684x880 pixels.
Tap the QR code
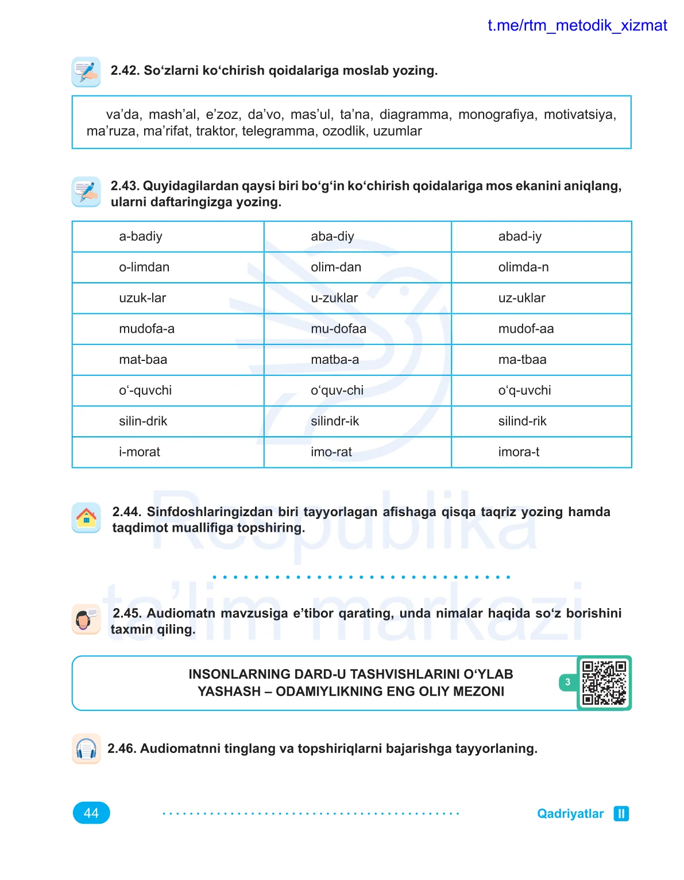coord(604,683)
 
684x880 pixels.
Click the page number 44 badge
coord(91,813)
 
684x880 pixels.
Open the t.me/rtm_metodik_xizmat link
coord(577,25)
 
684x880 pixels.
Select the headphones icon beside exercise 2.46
coord(86,748)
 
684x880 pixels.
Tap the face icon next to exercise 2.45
coord(86,619)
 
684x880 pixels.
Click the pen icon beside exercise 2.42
coord(86,72)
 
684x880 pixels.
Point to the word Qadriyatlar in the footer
coord(570,813)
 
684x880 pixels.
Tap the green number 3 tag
coord(567,682)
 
